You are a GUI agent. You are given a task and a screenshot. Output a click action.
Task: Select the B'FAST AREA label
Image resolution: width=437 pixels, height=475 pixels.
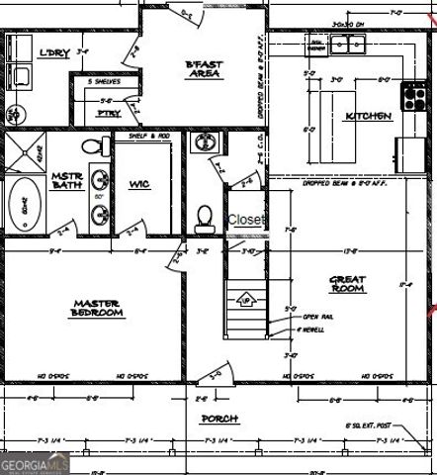204,69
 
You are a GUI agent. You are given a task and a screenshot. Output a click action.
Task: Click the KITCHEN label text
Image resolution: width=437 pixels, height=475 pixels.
368,116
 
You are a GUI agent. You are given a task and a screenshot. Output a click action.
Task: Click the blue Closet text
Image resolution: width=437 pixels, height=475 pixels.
246,220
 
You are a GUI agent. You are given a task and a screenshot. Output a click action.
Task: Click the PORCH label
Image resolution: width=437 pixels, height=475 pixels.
219,419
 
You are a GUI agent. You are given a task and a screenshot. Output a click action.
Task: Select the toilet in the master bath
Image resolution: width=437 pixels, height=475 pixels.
96,147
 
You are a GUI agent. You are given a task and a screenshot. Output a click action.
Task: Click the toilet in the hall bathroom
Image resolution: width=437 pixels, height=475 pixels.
206,217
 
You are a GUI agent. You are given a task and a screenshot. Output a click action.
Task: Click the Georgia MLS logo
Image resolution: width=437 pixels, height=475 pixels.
35,463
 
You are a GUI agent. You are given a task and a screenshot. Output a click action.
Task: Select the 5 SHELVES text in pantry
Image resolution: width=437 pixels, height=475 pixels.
104,81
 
